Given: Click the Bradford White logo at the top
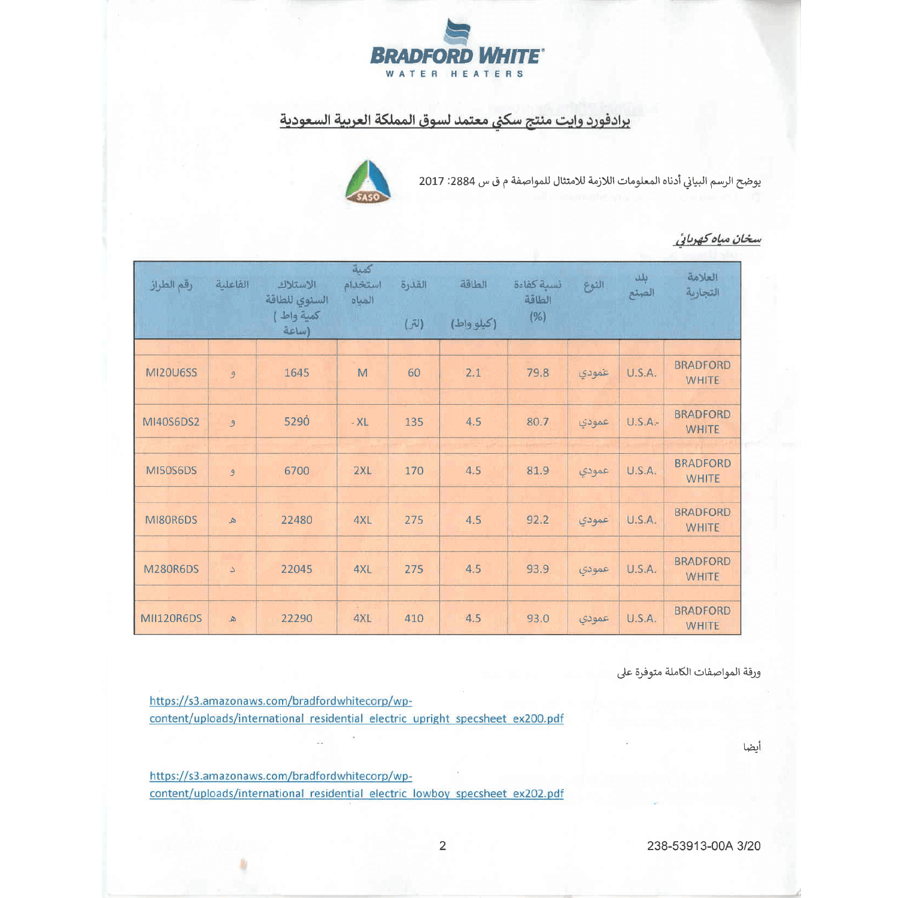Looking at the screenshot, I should pos(457,48).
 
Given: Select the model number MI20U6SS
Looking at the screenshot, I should pos(171,372).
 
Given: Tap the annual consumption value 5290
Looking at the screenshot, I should pos(296,421).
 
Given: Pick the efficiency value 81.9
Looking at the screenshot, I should pos(538,471).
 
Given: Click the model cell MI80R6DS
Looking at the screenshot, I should pos(171,520).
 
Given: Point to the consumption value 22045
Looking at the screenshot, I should pos(296,569).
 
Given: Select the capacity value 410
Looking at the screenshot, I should pos(414,618).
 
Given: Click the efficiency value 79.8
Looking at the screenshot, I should pos(538,372).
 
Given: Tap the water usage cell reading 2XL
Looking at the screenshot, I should pos(362,471).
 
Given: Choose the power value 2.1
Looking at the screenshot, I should pos(473,372).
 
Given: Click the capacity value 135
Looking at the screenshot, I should pos(414,421).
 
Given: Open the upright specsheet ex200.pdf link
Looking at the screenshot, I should pos(356,709).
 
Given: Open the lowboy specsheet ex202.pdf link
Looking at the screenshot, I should pos(356,784).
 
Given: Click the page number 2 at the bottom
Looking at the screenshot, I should pos(442,845).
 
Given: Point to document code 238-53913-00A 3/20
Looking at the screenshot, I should pos(703,845).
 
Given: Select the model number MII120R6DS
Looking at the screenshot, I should pos(171,618).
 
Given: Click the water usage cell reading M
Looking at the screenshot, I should pos(362,372).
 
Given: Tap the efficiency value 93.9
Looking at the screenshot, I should pos(538,569).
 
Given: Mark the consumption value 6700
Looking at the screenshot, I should pos(296,471).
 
